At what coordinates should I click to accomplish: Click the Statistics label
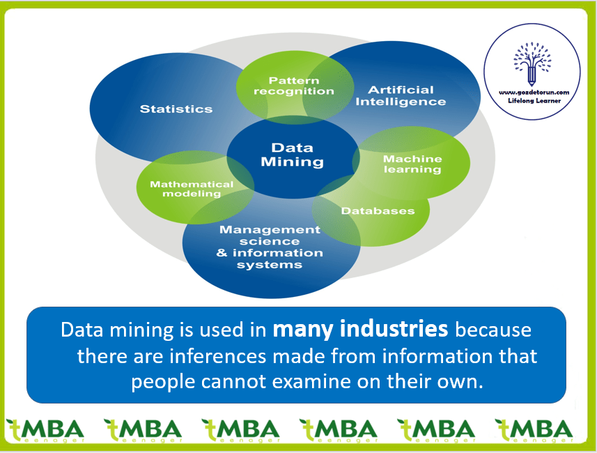click(x=176, y=109)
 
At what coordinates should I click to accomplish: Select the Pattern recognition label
click(x=293, y=86)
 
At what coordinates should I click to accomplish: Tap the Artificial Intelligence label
click(x=401, y=95)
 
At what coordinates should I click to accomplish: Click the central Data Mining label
click(x=293, y=155)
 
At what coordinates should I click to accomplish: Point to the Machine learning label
click(x=412, y=164)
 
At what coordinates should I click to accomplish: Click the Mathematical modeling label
click(x=192, y=189)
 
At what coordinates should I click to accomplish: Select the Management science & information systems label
click(x=270, y=247)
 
